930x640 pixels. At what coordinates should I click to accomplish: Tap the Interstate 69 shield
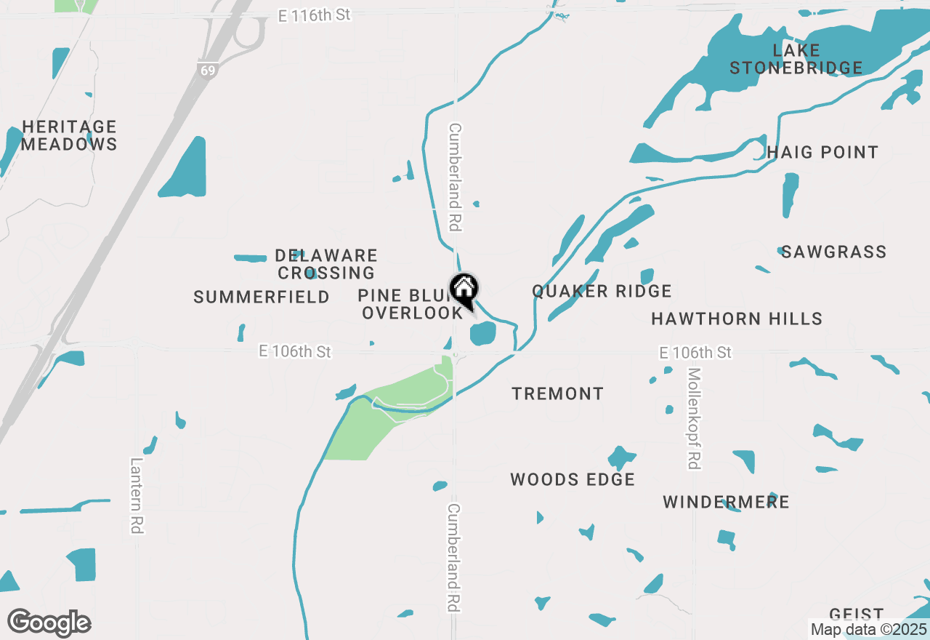(x=207, y=70)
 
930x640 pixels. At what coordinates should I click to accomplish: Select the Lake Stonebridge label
(x=796, y=60)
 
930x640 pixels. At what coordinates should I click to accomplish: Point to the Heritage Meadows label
(x=69, y=136)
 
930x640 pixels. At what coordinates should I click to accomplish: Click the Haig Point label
(x=822, y=153)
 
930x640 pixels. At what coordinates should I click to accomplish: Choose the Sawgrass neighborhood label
(x=833, y=252)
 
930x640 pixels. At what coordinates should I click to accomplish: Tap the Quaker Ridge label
(x=602, y=292)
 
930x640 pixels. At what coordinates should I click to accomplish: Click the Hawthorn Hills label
(x=737, y=319)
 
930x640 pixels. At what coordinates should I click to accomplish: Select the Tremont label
(x=557, y=394)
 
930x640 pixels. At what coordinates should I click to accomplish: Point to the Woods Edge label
(x=573, y=480)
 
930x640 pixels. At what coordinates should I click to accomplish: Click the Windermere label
(x=726, y=503)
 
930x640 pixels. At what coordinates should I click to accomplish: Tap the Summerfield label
(x=262, y=297)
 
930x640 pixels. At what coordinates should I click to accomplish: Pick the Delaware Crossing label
(x=326, y=265)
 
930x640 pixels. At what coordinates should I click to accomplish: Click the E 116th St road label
(x=315, y=15)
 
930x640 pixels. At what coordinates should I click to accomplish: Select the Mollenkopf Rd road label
(x=695, y=418)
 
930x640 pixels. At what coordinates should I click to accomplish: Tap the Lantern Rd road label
(x=136, y=495)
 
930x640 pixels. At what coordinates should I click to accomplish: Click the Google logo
(x=49, y=623)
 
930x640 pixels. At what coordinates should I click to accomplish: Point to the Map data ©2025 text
(x=868, y=630)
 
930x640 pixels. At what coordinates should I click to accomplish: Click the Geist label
(x=857, y=615)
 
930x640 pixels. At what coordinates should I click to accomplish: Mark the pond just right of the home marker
(x=483, y=334)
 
